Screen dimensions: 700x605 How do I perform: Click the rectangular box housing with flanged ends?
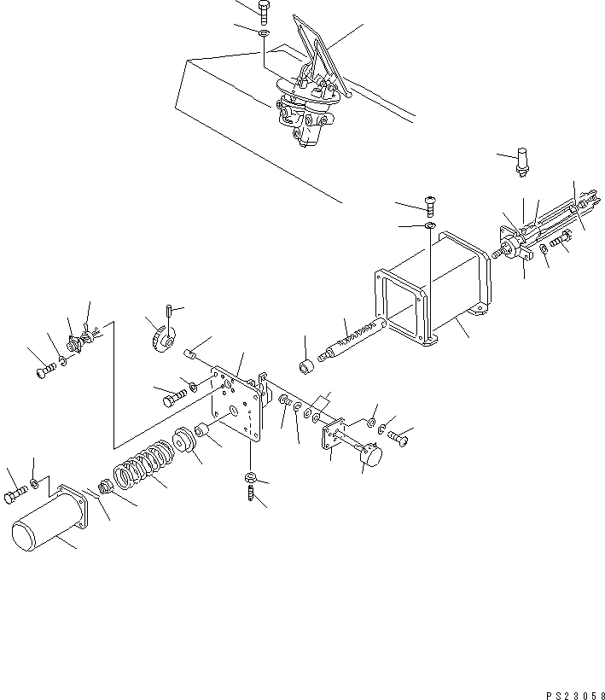pos(431,295)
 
